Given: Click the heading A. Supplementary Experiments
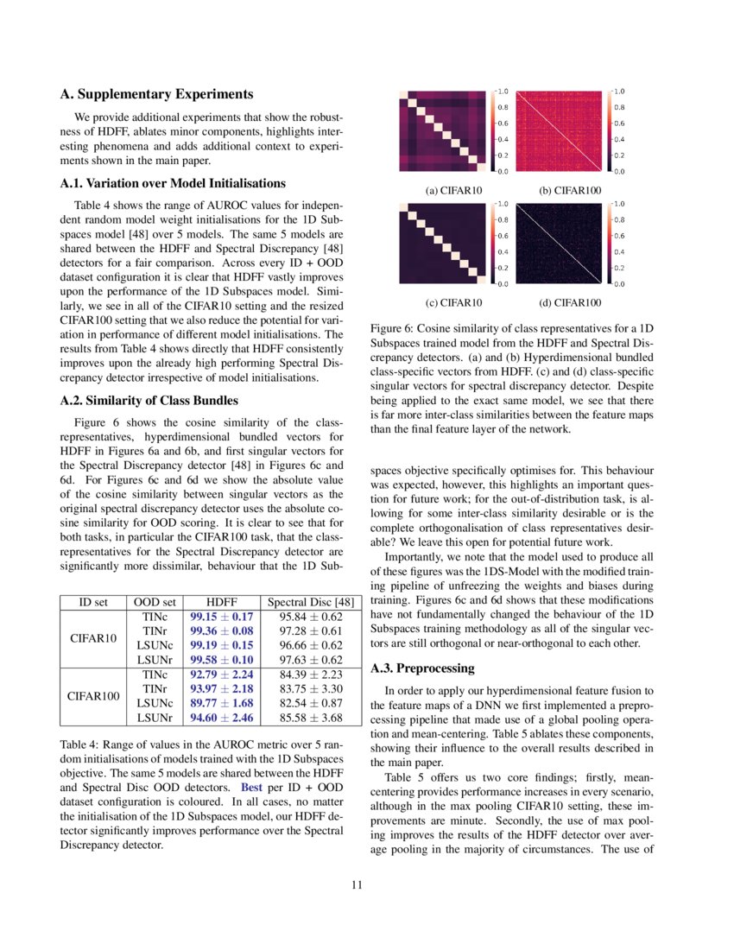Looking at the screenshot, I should (157, 94).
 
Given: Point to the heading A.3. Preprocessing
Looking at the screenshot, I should (422, 668).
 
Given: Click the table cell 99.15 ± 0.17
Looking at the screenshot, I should (221, 617).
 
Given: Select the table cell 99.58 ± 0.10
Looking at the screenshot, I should (221, 659).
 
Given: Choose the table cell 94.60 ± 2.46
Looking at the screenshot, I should (221, 717).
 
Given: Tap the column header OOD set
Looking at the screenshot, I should (155, 602).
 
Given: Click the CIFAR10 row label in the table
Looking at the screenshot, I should (92, 638).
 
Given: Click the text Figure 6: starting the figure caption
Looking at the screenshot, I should (395, 329).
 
